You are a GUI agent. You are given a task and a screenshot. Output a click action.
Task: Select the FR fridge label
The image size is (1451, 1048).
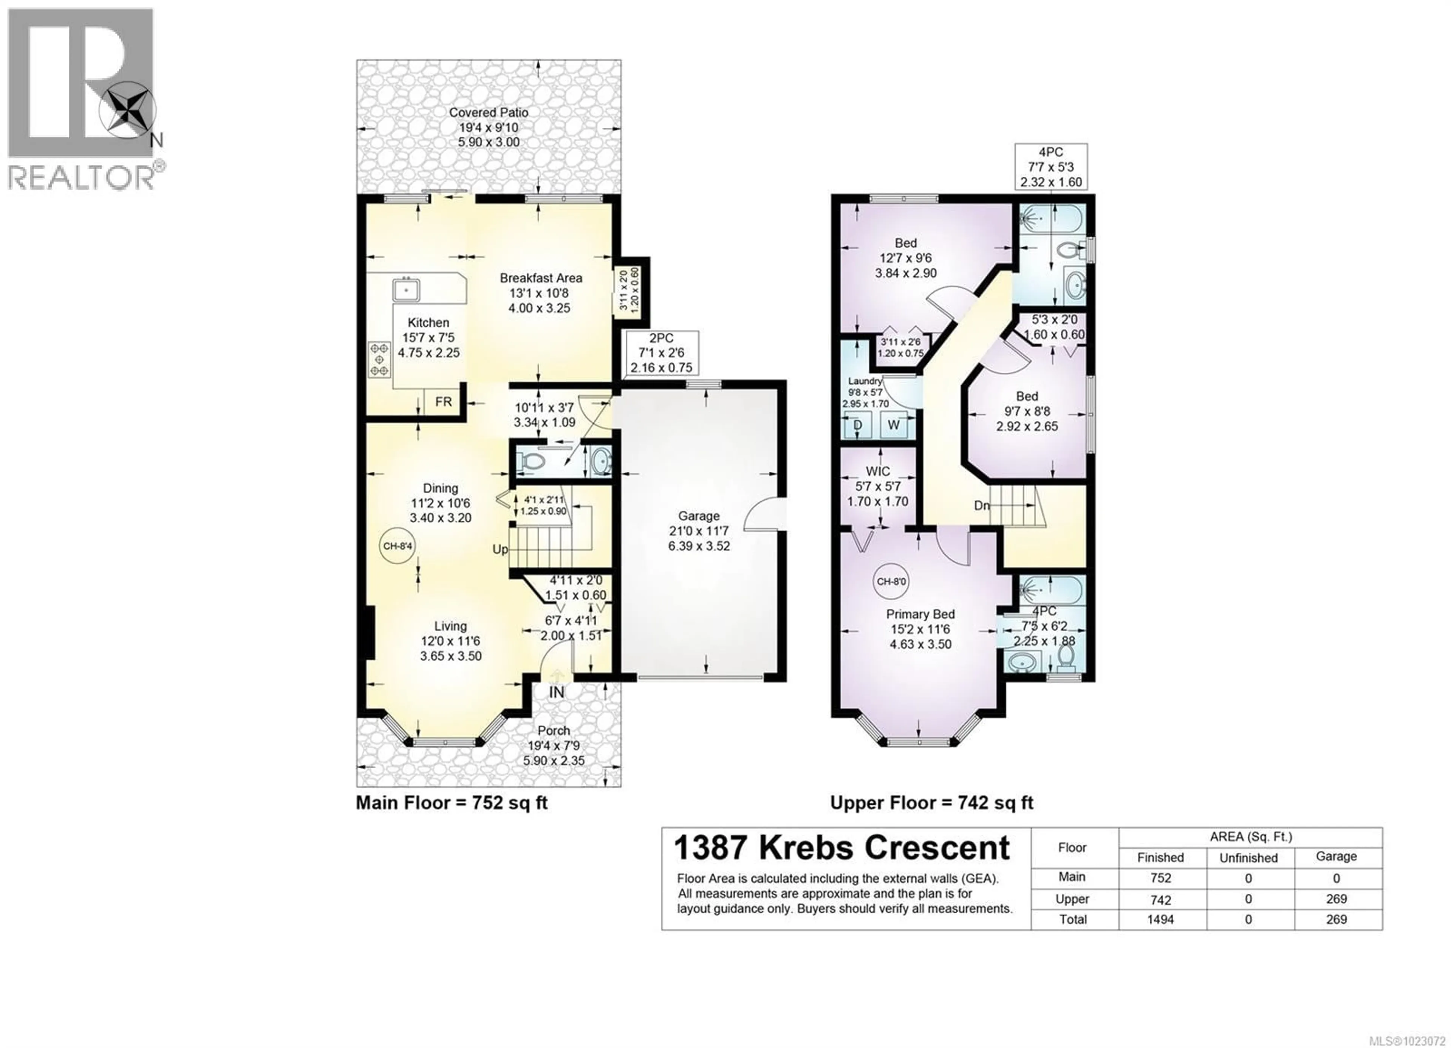coord(443,402)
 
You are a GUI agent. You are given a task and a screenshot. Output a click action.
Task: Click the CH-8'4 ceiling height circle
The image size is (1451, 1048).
coord(397,546)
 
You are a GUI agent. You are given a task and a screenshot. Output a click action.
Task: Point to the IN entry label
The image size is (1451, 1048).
coord(557,692)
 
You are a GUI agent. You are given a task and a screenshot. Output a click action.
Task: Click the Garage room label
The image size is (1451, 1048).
coord(699,516)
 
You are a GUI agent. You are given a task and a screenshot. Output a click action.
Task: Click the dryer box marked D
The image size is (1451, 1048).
coord(857,425)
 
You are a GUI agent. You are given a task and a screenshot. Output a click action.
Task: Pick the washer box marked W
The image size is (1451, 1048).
coord(894,425)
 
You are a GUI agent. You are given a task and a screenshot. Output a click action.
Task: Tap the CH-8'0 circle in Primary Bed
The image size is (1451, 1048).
coord(891,581)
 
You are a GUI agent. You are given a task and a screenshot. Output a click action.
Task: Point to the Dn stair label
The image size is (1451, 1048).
coord(981,506)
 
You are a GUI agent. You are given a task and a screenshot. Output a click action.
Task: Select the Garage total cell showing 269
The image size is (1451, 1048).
coord(1336,919)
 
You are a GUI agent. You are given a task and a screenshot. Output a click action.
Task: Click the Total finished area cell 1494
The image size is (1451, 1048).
coord(1160,919)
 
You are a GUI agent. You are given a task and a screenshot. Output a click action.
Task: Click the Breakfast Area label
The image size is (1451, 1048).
coord(541,278)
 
